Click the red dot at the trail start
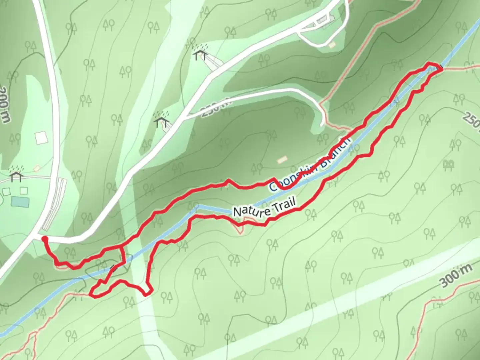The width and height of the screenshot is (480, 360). point(44,238)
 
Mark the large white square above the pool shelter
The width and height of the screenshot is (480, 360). point(41,138)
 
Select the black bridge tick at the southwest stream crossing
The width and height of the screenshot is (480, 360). point(114,267)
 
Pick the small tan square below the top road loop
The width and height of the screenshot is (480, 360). point(332,45)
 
